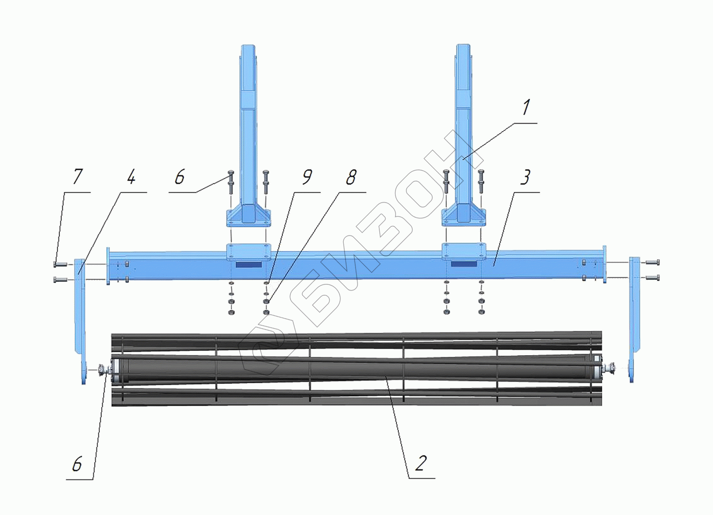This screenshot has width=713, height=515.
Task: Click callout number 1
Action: point(525,108)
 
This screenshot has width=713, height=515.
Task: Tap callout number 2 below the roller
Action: point(420,463)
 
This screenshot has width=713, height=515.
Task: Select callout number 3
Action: point(525,177)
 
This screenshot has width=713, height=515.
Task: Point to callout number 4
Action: point(131,177)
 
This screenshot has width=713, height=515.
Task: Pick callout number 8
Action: point(351,177)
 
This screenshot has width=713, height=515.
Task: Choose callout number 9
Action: point(307,177)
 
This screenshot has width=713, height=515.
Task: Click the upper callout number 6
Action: point(179,177)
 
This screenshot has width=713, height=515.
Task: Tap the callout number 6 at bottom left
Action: point(77,464)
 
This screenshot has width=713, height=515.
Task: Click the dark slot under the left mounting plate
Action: point(249,264)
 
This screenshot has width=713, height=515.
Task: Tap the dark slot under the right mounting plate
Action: point(464,263)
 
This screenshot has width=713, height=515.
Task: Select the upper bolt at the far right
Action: point(652,262)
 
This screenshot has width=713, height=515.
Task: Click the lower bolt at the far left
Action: point(60,279)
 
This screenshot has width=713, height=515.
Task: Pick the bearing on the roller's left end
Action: point(103,370)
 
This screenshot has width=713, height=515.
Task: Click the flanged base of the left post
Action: point(248,217)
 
